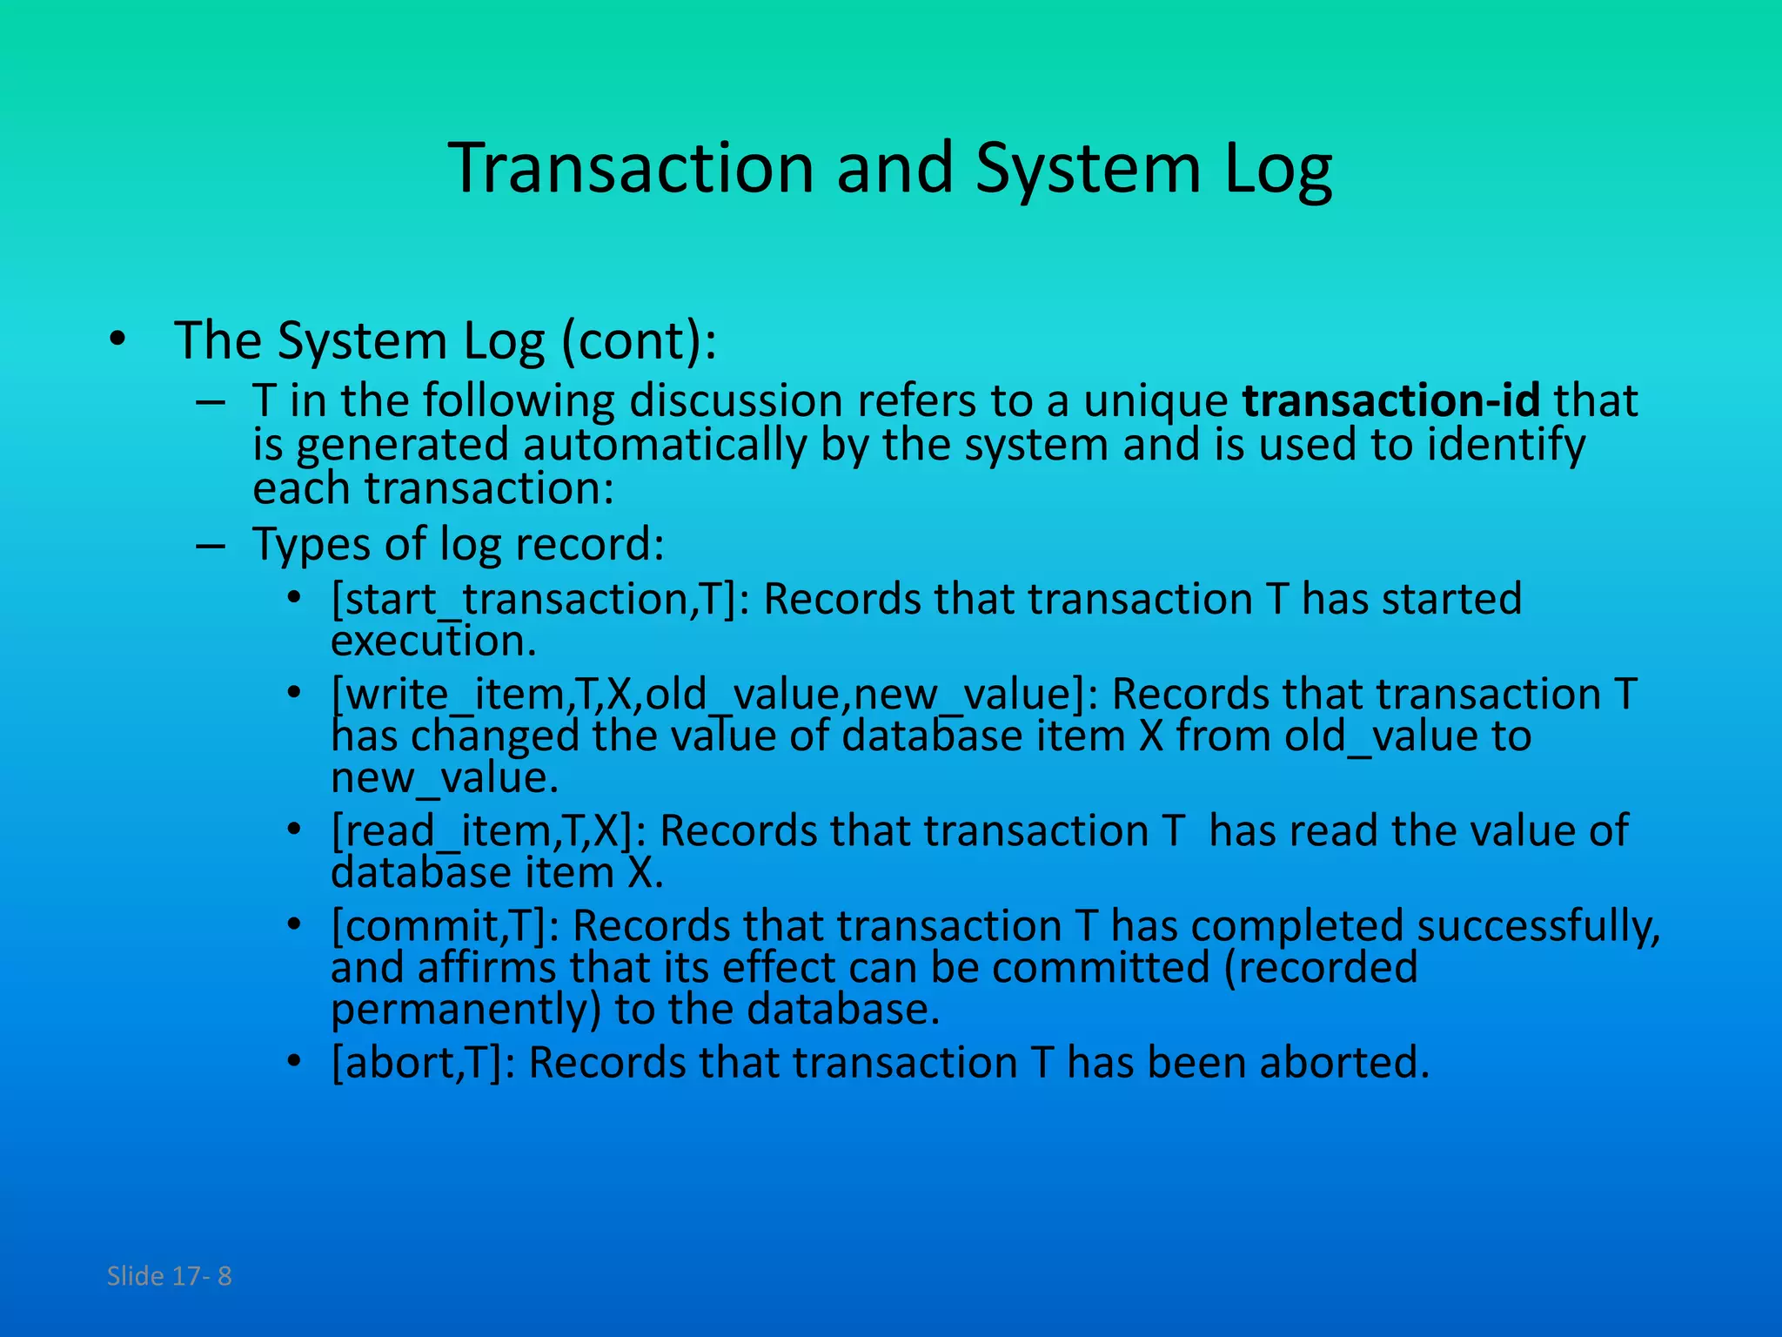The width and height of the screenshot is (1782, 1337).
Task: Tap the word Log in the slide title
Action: [1277, 169]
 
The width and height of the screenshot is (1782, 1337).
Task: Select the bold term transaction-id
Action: [1390, 400]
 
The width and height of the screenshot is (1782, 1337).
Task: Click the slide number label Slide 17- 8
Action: [169, 1276]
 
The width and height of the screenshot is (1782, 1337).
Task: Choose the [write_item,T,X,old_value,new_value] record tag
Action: [715, 695]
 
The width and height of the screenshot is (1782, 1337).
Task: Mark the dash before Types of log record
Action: [211, 547]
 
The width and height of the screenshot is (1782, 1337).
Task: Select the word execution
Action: [433, 642]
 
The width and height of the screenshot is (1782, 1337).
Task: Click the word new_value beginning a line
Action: [444, 778]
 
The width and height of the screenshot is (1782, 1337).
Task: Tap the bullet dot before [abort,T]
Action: [295, 1061]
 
